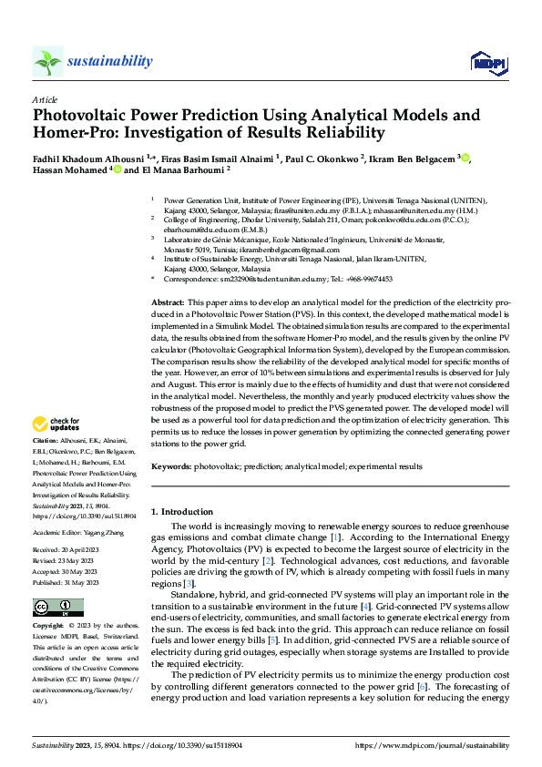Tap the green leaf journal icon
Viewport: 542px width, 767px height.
48,61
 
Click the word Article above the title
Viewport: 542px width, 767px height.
45,99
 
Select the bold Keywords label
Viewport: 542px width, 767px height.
171,466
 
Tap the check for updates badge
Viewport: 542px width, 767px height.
56,424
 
